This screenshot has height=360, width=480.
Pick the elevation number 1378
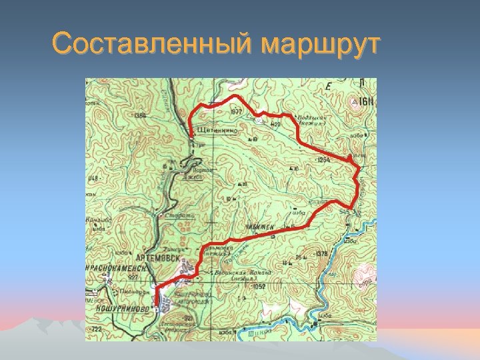point(321,253)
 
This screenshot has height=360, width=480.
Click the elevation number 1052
point(259,286)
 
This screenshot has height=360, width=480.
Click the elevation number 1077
point(236,112)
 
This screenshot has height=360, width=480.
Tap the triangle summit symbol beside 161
point(354,102)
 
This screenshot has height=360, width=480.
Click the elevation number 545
point(345,211)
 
